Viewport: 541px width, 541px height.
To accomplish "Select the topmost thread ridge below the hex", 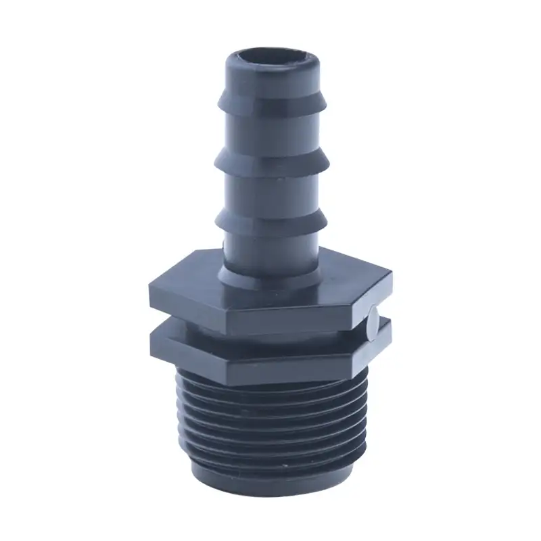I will coord(270,389).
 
